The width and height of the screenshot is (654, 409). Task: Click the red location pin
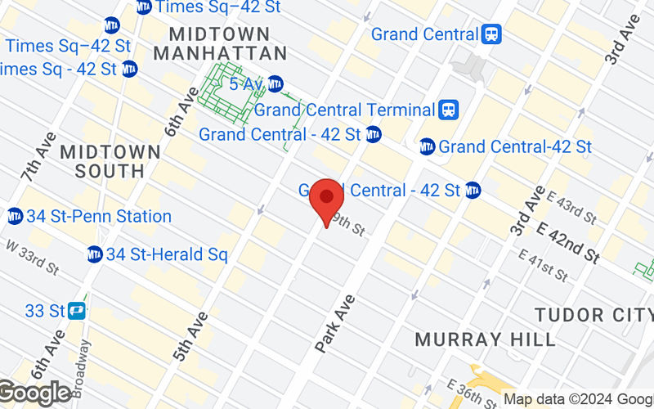point(327,199)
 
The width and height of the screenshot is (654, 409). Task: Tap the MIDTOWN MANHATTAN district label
point(220,43)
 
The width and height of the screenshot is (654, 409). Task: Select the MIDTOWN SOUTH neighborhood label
point(110,161)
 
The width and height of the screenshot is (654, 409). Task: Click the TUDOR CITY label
point(594,315)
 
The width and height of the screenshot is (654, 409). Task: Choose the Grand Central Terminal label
point(343,110)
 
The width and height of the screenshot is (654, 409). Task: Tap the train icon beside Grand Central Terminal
point(448,110)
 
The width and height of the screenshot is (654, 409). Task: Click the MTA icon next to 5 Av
point(275,83)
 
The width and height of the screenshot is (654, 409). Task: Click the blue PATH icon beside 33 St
point(78,311)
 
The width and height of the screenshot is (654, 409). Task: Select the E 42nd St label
point(569,244)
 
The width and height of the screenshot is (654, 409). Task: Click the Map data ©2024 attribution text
point(577,399)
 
